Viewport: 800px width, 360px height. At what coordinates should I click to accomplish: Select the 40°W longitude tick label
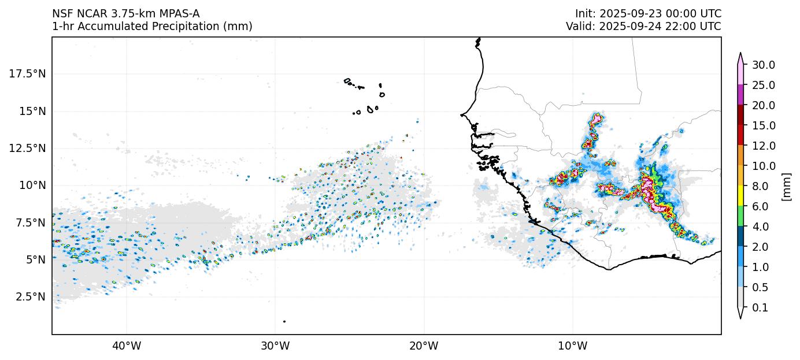pos(127,346)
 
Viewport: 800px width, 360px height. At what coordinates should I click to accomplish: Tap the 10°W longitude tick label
pos(573,346)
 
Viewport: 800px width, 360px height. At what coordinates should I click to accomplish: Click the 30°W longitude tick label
pos(275,346)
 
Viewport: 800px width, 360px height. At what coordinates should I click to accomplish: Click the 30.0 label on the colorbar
pos(763,65)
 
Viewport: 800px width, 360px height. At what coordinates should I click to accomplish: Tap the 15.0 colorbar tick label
pos(763,125)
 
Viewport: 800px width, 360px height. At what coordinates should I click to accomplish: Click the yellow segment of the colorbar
pos(740,196)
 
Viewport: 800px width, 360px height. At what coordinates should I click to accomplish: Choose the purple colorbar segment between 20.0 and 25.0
pos(740,95)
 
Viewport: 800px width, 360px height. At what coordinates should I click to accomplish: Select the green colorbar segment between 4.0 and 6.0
pos(740,216)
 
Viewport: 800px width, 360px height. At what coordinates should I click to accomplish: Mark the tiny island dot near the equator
pos(284,321)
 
